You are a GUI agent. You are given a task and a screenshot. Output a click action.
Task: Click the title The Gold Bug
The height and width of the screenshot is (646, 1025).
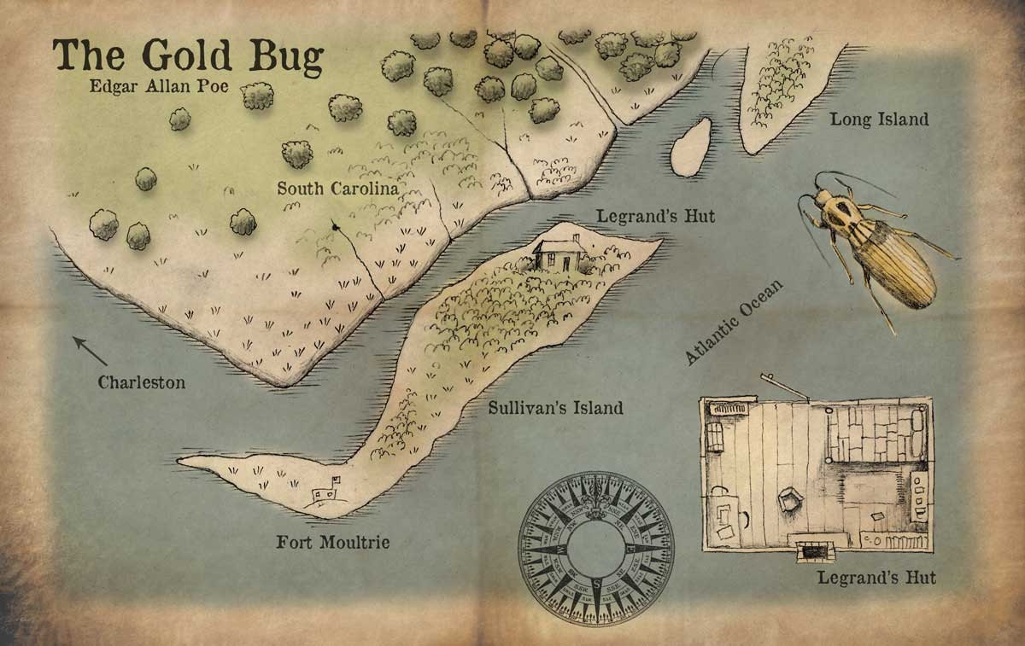point(189,55)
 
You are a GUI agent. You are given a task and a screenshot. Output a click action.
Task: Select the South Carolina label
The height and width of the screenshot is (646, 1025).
point(337,189)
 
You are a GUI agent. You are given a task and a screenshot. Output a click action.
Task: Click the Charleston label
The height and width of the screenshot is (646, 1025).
point(141,382)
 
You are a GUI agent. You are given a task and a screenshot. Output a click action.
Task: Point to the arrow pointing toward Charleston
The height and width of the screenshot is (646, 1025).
point(89,350)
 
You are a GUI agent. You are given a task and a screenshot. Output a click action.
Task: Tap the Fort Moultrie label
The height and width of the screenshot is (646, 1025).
point(332,542)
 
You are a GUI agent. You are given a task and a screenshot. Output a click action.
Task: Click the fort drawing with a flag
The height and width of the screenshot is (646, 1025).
point(325,492)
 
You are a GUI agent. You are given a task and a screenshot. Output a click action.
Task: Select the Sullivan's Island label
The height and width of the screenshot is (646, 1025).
point(555,408)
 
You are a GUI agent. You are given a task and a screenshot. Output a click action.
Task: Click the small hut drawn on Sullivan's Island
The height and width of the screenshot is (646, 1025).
point(559,254)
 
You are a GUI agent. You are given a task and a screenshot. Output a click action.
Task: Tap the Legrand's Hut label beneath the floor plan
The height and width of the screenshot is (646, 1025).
point(876,578)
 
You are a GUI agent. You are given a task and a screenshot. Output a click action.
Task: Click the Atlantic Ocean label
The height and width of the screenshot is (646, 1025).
point(735,323)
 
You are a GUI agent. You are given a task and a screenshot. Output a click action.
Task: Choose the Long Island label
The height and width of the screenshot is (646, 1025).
point(879,119)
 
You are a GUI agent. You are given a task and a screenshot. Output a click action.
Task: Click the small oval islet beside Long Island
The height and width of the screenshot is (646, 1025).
point(690,147)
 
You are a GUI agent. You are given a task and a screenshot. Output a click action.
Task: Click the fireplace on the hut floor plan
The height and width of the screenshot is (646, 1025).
point(811,551)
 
